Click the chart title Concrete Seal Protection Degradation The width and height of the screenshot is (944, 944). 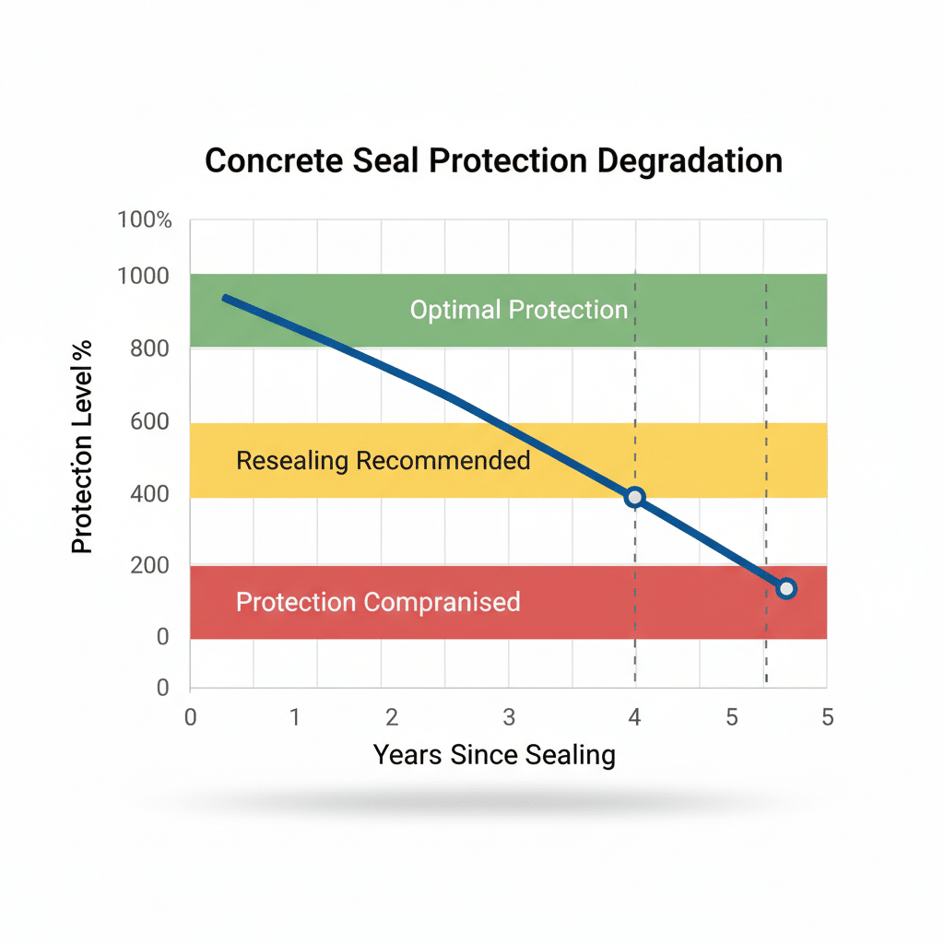tap(493, 160)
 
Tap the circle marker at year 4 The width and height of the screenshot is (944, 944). tap(634, 498)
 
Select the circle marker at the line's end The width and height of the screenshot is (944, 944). tap(785, 588)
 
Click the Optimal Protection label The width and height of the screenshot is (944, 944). tap(518, 310)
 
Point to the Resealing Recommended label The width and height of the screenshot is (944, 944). tap(383, 460)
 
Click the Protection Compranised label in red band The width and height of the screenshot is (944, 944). tap(378, 602)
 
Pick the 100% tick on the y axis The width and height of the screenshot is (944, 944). tap(145, 220)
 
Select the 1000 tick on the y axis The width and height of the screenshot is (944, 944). tap(144, 276)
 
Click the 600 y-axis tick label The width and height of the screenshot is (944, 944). tap(150, 421)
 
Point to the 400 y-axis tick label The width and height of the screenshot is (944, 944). tap(150, 494)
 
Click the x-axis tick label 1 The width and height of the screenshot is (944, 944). tap(294, 717)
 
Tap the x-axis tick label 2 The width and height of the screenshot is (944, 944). tap(392, 717)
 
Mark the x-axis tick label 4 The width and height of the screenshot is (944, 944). tap(634, 717)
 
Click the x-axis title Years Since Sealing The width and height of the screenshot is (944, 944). tap(493, 755)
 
